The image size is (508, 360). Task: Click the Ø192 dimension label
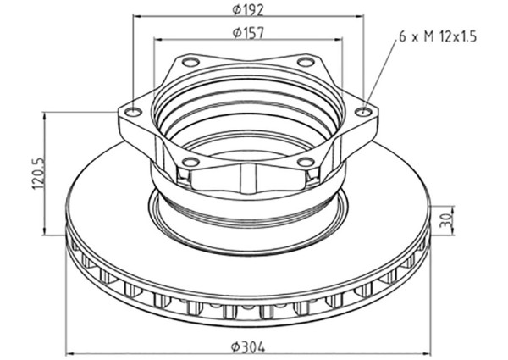click(x=248, y=10)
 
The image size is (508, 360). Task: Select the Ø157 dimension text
click(x=248, y=33)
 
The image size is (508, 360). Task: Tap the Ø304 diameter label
click(x=248, y=347)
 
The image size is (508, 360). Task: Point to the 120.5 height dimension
click(x=39, y=174)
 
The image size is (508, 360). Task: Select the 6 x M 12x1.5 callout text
click(x=438, y=36)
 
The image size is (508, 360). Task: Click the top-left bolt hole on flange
click(x=190, y=61)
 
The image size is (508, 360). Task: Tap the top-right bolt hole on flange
click(x=306, y=61)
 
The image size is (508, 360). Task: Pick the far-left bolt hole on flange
click(x=134, y=112)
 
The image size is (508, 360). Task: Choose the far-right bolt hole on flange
click(x=363, y=112)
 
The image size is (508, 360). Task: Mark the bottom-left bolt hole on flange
click(x=190, y=161)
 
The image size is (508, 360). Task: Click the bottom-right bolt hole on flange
click(x=306, y=161)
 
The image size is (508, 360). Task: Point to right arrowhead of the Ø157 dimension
click(x=338, y=40)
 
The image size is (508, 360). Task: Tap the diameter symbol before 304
click(x=235, y=347)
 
